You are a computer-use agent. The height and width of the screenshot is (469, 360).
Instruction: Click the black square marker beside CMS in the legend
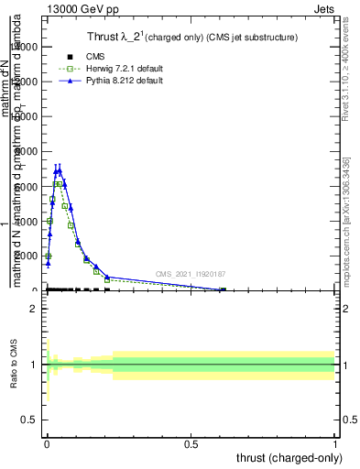(70, 57)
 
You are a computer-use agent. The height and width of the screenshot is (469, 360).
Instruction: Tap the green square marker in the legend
(70, 69)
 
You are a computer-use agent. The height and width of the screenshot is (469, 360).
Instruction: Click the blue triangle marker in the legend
(70, 81)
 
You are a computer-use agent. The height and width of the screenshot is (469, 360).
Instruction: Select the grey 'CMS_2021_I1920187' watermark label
(191, 273)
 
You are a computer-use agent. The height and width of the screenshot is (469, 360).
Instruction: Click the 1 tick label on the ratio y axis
(34, 365)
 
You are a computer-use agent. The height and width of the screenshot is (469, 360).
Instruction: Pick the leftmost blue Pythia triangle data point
(48, 264)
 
